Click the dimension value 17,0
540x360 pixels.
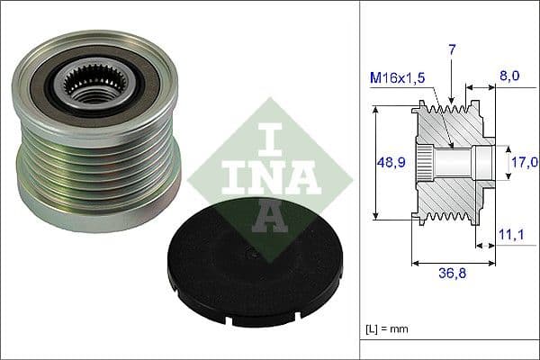point(525,162)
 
